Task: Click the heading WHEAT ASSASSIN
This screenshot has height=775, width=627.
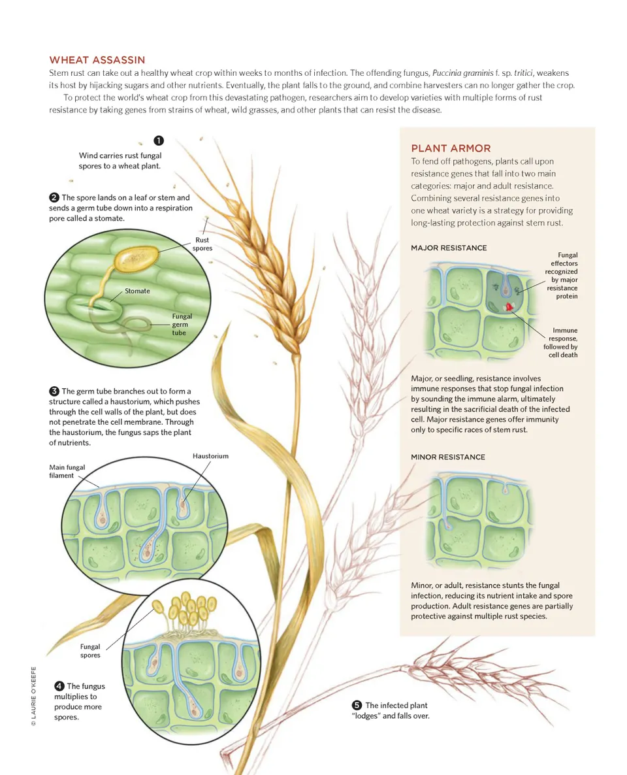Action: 97,60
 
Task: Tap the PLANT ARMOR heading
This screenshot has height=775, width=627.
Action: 451,148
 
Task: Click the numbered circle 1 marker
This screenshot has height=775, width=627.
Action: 159,141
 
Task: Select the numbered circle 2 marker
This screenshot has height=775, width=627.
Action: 54,198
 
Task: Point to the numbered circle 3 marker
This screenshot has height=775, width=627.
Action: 54,391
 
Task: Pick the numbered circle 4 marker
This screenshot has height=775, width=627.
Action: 59,686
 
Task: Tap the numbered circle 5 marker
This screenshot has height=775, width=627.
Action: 357,705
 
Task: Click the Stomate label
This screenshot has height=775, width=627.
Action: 137,291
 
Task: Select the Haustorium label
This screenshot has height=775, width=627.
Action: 210,456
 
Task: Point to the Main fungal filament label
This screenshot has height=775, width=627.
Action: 67,472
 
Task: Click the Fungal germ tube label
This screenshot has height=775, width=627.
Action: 182,325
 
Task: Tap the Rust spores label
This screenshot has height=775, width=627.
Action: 202,244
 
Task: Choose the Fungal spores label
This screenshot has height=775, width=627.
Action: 90,651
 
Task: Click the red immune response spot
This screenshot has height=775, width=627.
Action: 508,307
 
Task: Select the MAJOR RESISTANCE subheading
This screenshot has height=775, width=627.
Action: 449,248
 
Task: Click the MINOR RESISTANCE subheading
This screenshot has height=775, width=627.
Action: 448,457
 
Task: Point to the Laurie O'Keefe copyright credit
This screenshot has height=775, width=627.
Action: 33,697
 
